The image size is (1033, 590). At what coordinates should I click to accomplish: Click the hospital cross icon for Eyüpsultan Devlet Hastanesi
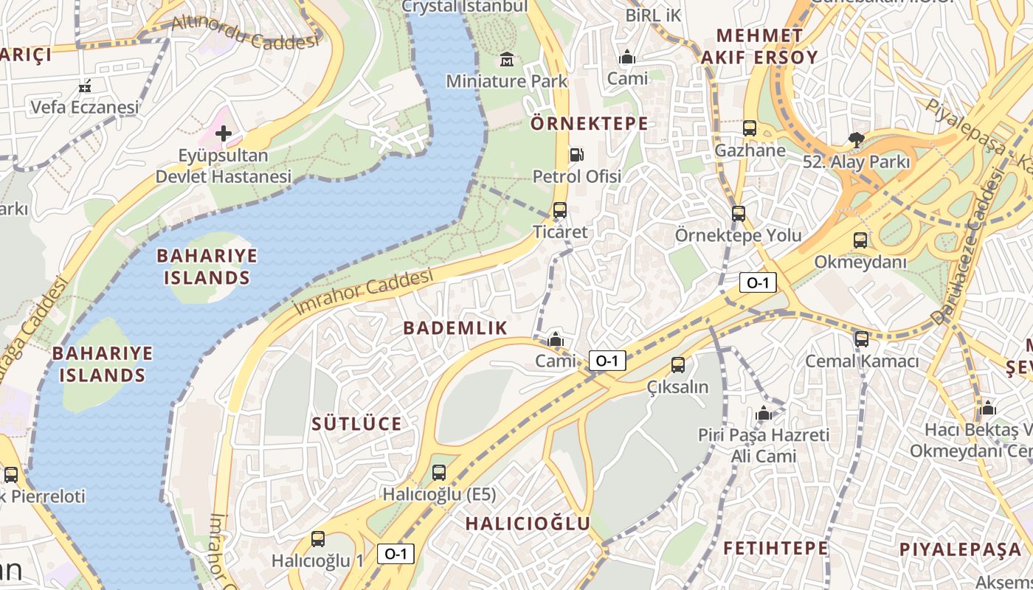tap(224, 133)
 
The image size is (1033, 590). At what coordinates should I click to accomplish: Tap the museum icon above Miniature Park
tap(507, 59)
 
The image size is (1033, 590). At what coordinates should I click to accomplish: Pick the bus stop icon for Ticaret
tap(560, 210)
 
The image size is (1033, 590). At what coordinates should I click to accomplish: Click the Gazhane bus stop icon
tap(750, 128)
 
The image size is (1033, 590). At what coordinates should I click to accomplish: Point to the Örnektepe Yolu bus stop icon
tap(739, 214)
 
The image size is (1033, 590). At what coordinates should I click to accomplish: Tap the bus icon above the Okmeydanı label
tap(860, 240)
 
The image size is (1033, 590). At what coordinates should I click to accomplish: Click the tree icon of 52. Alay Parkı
tap(857, 139)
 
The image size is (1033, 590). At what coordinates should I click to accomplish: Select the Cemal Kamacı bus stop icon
tap(862, 339)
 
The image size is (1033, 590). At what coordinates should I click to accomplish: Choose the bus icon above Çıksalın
tap(678, 364)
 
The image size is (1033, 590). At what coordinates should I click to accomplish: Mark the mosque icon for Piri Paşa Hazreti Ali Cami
tap(764, 413)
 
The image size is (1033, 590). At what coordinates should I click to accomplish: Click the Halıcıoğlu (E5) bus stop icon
tap(439, 472)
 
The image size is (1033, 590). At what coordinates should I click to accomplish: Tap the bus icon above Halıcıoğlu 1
tap(318, 539)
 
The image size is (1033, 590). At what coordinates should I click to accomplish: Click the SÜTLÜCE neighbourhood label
tap(356, 424)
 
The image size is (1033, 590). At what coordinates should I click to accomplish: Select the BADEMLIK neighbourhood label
tap(455, 328)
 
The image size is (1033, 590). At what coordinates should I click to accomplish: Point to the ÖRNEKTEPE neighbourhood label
tap(589, 124)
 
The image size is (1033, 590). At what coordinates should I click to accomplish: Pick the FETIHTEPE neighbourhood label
tap(775, 548)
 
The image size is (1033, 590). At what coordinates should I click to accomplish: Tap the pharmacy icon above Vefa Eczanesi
tap(85, 86)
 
